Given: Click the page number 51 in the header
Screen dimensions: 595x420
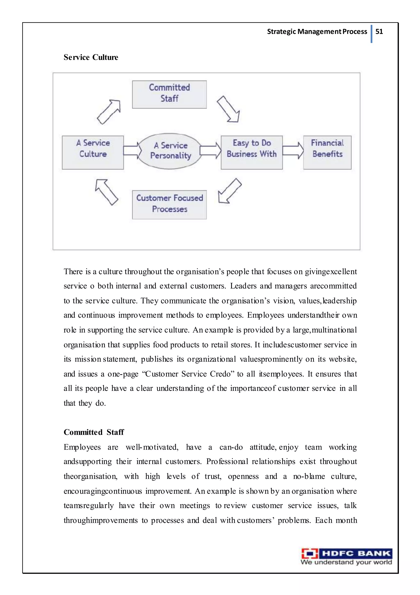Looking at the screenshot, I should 379,32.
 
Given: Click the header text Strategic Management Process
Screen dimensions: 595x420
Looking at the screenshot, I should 317,32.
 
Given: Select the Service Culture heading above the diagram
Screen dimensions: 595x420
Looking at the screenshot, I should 91,57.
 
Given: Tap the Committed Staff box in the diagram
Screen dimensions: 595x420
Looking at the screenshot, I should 169,94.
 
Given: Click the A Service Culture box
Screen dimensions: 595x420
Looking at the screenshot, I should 93,152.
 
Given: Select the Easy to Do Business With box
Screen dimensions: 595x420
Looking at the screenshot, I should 252,152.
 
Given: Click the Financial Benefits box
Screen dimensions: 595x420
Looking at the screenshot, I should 327,152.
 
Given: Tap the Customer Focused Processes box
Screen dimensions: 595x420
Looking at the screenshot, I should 169,205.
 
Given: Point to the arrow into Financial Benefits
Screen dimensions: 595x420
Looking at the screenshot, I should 293,150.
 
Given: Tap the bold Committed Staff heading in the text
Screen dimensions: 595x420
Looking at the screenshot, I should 94,432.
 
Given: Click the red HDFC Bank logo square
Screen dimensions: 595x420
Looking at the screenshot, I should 310,554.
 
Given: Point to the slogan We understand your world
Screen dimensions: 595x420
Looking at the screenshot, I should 346,562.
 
